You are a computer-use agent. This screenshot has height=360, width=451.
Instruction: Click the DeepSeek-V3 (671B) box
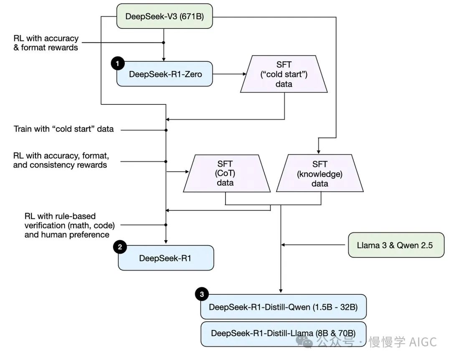(165, 17)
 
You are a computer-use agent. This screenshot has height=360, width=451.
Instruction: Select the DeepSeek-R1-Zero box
(165, 74)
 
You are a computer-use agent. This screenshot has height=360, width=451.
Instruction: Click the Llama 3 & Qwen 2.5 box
(395, 245)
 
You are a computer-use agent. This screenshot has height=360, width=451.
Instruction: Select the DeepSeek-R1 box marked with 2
(165, 258)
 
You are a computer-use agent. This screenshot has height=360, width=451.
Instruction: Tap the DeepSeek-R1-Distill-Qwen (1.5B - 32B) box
(283, 307)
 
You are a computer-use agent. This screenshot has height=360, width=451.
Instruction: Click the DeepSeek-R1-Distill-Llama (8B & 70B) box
(283, 333)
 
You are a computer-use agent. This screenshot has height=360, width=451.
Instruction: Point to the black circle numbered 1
(117, 63)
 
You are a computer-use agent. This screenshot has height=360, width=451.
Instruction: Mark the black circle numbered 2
(120, 247)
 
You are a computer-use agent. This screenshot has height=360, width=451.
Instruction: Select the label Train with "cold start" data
(63, 129)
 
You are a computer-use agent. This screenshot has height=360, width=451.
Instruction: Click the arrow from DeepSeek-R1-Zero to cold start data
(230, 74)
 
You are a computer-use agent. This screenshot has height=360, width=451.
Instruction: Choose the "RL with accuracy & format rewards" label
(46, 43)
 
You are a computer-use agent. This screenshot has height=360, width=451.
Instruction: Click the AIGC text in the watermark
(423, 342)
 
